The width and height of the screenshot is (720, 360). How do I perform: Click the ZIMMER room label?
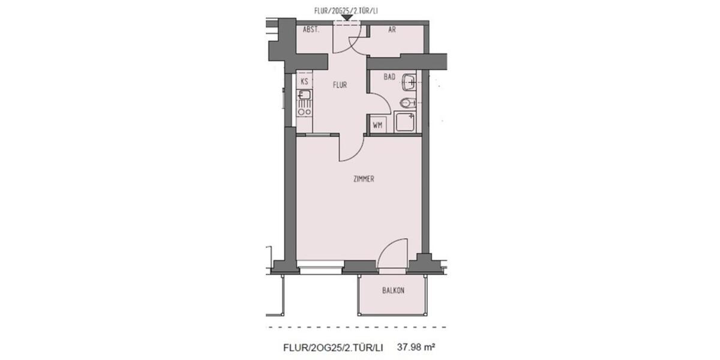(364, 179)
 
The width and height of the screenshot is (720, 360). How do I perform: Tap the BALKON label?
(393, 290)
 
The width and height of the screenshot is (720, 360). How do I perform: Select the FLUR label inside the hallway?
(340, 85)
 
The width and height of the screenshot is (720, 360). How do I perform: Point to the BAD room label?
(389, 77)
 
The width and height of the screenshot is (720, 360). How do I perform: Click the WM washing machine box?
(377, 125)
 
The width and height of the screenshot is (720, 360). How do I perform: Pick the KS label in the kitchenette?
(304, 81)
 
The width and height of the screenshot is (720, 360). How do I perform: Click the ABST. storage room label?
(310, 29)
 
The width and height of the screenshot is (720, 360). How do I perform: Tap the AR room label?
(392, 29)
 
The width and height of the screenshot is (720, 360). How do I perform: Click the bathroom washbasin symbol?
(410, 81)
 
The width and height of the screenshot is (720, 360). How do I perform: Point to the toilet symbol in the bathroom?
(409, 103)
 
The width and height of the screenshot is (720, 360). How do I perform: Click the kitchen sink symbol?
(304, 95)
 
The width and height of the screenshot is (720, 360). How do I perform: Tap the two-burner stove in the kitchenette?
(304, 110)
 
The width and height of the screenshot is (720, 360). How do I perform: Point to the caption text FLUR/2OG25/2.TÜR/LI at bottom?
(332, 347)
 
